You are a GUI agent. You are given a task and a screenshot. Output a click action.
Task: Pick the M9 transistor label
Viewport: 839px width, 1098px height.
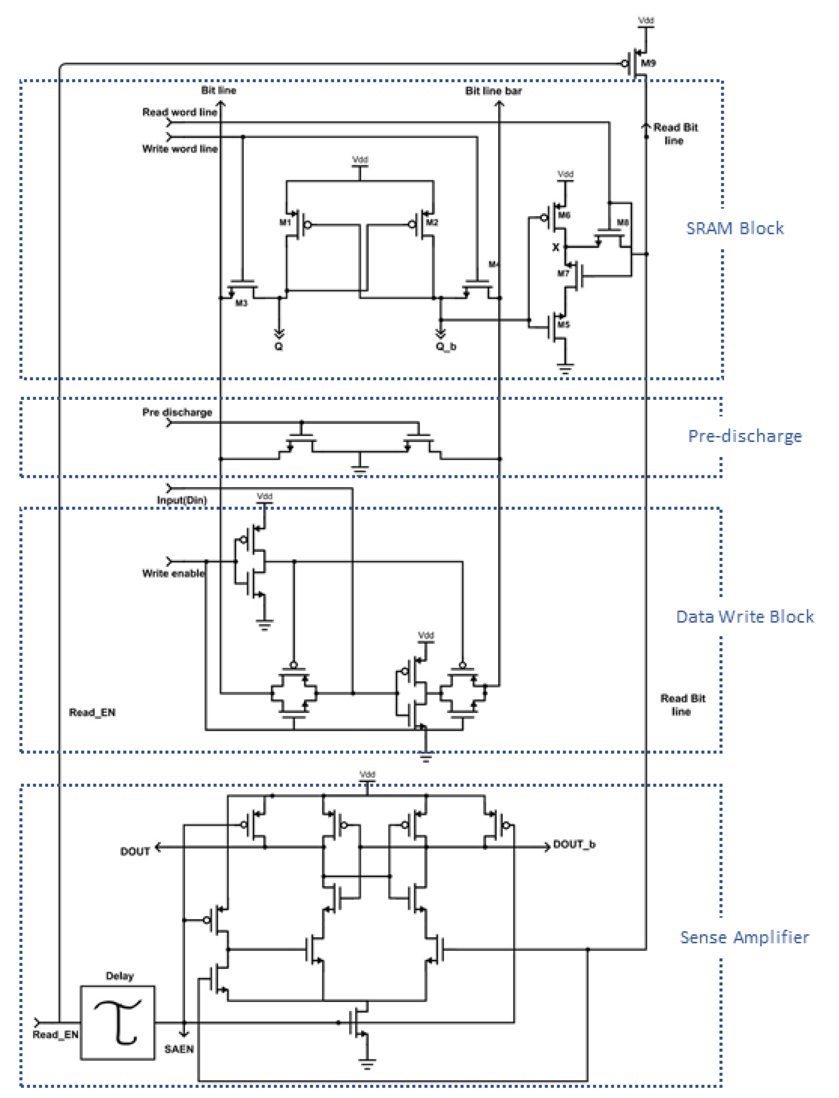pyautogui.click(x=648, y=63)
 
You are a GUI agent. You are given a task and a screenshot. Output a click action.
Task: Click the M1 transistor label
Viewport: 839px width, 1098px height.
pyautogui.click(x=285, y=222)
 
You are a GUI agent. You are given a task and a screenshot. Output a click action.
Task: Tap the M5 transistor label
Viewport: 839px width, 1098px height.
pyautogui.click(x=563, y=325)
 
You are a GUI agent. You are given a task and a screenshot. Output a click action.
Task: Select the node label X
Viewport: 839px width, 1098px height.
pyautogui.click(x=555, y=247)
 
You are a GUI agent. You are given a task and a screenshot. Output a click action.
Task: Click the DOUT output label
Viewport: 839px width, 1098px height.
pyautogui.click(x=135, y=851)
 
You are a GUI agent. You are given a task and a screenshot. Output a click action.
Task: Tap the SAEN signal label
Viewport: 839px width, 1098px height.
pyautogui.click(x=179, y=1049)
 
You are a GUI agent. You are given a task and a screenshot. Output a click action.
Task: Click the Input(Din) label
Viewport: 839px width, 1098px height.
pyautogui.click(x=182, y=500)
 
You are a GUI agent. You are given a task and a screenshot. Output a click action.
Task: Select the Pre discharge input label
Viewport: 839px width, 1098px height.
pyautogui.click(x=177, y=412)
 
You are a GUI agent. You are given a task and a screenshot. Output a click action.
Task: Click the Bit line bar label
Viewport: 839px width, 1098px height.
pyautogui.click(x=493, y=91)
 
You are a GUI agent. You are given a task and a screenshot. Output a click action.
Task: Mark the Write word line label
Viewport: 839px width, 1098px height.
pyautogui.click(x=180, y=149)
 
